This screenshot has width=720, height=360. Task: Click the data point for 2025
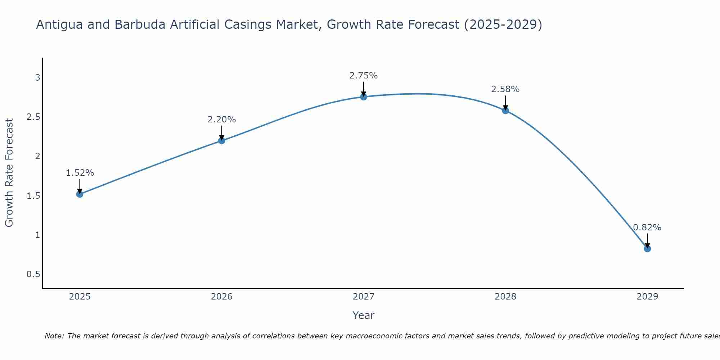(x=80, y=194)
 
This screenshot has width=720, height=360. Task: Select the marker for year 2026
(x=222, y=140)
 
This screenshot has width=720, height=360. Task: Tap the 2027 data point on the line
(x=364, y=97)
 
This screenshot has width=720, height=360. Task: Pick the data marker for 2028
(x=505, y=111)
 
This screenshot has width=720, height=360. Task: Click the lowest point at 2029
(x=647, y=249)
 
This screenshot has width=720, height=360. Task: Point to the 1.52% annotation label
(x=80, y=173)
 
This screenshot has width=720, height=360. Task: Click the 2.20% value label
(x=222, y=120)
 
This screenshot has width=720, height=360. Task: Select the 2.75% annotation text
(x=364, y=76)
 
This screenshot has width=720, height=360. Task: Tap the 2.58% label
(x=505, y=89)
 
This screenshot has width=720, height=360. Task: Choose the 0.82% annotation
(x=647, y=228)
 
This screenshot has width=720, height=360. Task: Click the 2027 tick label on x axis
(x=364, y=297)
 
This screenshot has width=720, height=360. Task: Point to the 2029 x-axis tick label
(x=647, y=297)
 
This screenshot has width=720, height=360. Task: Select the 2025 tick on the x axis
(x=80, y=297)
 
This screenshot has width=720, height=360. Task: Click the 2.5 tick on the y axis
(x=33, y=117)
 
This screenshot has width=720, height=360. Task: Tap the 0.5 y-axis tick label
(x=33, y=274)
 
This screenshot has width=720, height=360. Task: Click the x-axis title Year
(x=364, y=315)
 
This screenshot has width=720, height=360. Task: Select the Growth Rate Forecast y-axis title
(x=9, y=173)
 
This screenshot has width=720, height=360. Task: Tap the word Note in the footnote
(x=54, y=336)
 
